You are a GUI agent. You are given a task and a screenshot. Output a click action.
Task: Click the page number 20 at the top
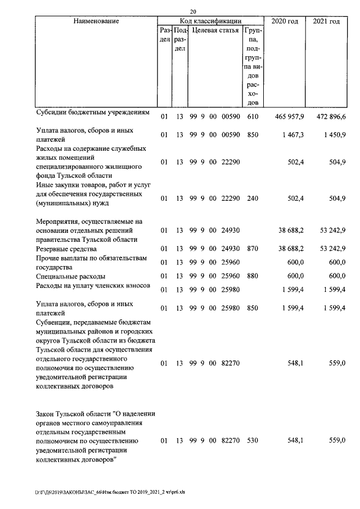click(x=193, y=12)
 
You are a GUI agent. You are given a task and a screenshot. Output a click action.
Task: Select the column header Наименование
click(x=96, y=21)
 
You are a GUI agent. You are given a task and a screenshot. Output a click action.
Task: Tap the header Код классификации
click(x=210, y=21)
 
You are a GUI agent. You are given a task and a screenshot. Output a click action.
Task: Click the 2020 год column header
click(x=285, y=21)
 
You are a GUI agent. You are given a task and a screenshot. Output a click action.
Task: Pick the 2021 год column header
click(x=326, y=21)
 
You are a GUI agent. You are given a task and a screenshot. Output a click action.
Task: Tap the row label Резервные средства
click(x=66, y=249)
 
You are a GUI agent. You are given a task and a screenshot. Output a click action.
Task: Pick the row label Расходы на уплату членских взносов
click(x=93, y=286)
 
